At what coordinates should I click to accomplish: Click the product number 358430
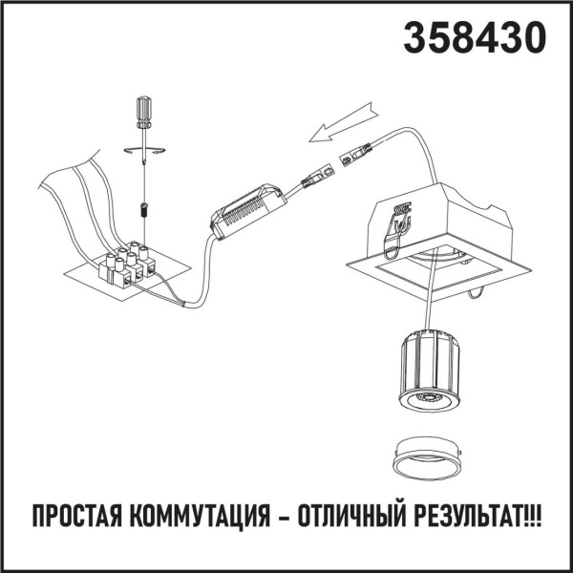476,37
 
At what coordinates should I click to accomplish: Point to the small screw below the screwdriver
143,209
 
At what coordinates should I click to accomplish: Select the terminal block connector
127,265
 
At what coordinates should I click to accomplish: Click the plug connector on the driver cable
319,174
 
